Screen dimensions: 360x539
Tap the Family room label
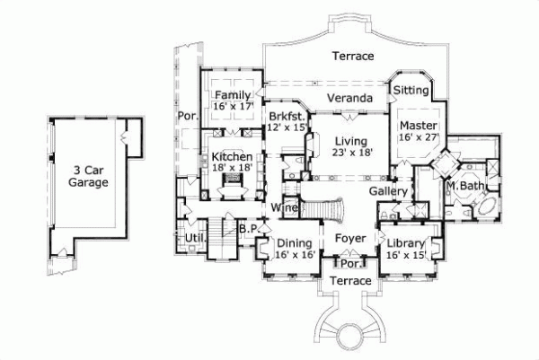point(232,95)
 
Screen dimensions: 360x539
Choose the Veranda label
point(349,97)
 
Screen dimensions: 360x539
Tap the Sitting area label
point(411,90)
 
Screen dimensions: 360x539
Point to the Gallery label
point(389,191)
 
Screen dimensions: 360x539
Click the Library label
point(404,244)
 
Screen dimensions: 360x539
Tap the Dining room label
point(294,243)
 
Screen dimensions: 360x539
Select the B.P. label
point(248,230)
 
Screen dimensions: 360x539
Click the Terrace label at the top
point(352,57)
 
